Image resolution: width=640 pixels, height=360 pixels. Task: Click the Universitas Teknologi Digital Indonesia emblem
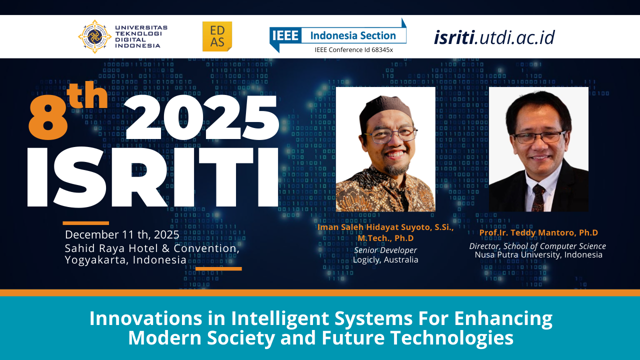94,36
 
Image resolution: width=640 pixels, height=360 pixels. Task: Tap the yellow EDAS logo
217,36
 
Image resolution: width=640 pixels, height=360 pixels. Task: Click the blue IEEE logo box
285,35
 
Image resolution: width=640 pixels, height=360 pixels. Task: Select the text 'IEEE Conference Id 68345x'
353,49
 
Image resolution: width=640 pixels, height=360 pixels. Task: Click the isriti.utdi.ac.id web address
494,37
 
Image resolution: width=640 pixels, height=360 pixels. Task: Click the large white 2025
201,117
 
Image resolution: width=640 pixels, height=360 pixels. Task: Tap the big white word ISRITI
152,177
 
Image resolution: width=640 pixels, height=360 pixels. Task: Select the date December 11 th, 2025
122,234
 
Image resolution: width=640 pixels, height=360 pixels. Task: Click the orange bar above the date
85,223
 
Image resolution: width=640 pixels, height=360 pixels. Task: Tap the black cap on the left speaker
385,110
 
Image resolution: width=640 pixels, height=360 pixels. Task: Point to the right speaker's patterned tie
538,197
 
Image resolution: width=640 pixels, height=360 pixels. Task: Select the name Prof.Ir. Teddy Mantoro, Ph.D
538,232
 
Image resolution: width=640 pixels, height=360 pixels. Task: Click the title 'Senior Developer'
385,250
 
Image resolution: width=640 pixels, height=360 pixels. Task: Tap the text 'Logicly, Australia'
385,259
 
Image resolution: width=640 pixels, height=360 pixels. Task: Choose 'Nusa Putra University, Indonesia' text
538,254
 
